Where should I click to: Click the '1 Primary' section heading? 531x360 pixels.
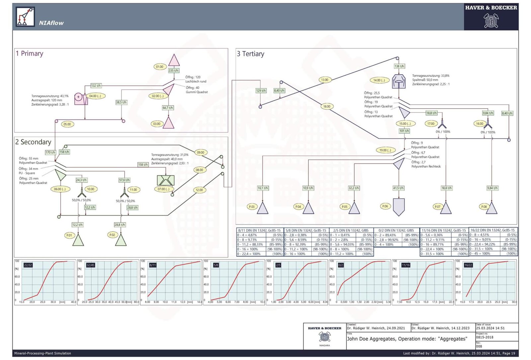[30, 53]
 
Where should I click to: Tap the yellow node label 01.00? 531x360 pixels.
[160, 67]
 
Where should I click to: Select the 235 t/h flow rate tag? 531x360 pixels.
[173, 70]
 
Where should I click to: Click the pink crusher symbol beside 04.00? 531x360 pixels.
[80, 98]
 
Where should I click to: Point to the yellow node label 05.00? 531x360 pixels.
[67, 124]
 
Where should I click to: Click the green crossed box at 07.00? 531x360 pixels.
[165, 180]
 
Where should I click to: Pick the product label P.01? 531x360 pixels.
[69, 235]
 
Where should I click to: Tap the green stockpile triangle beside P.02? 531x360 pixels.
[121, 239]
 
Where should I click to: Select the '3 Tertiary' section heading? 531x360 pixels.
[251, 54]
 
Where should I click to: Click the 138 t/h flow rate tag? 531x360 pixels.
[399, 66]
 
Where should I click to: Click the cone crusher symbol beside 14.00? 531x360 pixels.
[398, 81]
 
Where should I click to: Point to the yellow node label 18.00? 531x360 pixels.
[327, 106]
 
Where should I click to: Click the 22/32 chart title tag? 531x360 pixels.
[28, 265]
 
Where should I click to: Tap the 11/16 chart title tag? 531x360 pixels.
[406, 265]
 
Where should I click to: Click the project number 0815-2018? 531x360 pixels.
[485, 337]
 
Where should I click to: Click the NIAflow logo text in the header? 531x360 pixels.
[51, 23]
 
